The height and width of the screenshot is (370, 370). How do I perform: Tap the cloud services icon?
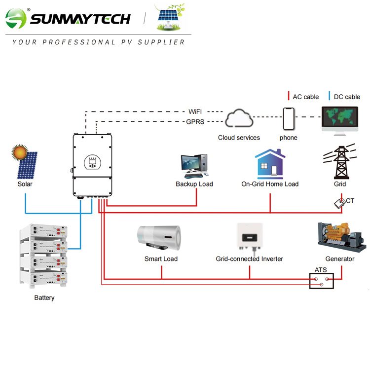tap(239, 120)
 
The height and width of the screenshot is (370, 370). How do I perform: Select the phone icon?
tap(289, 119)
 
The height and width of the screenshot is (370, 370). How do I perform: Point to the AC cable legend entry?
tap(303, 97)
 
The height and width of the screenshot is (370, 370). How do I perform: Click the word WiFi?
tap(196, 111)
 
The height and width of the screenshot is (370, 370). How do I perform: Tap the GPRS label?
tap(196, 121)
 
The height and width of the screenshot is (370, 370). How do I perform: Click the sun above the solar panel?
tap(20, 152)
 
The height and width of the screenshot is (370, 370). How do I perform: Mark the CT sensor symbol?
tap(339, 202)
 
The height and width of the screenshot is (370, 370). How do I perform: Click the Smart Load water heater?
tap(160, 238)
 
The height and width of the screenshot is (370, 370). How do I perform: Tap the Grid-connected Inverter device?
tap(249, 237)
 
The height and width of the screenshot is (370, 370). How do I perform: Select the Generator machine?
tap(340, 237)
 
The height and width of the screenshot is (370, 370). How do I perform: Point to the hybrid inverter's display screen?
tap(92, 161)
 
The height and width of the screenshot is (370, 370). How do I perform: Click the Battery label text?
tap(44, 297)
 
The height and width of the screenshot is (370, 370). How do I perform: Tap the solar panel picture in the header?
tap(170, 19)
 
